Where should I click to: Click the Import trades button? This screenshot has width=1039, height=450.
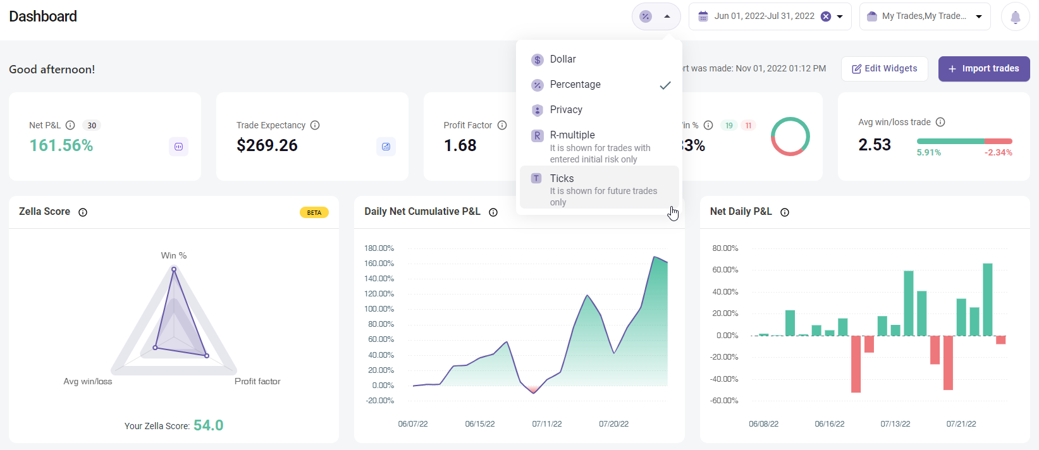pyautogui.click(x=984, y=69)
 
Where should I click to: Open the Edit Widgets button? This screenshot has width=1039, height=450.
pyautogui.click(x=884, y=69)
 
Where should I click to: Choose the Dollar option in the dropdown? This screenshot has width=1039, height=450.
pyautogui.click(x=563, y=59)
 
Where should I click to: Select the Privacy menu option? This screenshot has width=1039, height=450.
pyautogui.click(x=566, y=110)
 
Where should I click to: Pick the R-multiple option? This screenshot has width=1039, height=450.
pyautogui.click(x=572, y=135)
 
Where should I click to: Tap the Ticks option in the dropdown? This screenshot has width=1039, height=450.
pyautogui.click(x=562, y=179)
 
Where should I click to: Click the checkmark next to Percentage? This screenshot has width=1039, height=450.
pyautogui.click(x=665, y=85)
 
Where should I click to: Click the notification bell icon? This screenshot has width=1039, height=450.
pyautogui.click(x=1015, y=17)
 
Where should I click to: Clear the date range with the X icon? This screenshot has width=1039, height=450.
pyautogui.click(x=826, y=16)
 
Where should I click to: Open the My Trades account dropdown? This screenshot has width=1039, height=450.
pyautogui.click(x=925, y=16)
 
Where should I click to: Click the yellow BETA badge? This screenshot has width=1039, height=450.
pyautogui.click(x=314, y=212)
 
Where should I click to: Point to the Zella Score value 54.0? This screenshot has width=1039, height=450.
pyautogui.click(x=208, y=425)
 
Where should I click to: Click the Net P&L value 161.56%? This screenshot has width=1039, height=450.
pyautogui.click(x=61, y=145)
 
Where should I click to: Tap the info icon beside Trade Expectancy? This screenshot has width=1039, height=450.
pyautogui.click(x=315, y=125)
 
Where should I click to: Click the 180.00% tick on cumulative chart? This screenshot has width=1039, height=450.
pyautogui.click(x=379, y=248)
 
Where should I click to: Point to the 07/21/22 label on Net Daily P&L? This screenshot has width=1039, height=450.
pyautogui.click(x=961, y=424)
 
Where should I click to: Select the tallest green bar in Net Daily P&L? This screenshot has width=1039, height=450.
pyautogui.click(x=987, y=299)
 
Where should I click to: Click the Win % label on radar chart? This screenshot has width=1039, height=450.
pyautogui.click(x=174, y=255)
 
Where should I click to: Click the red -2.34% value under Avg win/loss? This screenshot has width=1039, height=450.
pyautogui.click(x=998, y=152)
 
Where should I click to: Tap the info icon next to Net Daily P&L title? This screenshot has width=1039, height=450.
pyautogui.click(x=785, y=212)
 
